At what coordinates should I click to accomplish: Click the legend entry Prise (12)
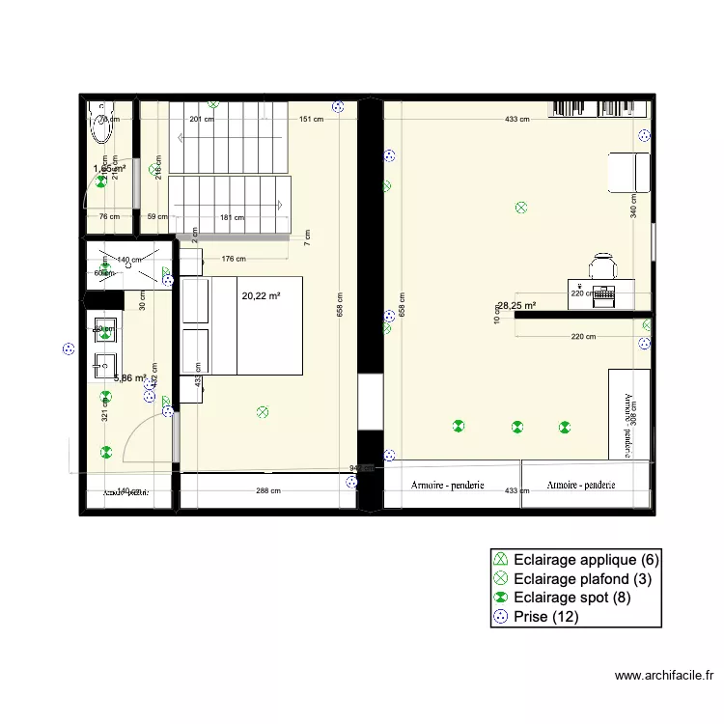click(x=546, y=617)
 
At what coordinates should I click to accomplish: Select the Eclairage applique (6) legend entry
click(x=586, y=559)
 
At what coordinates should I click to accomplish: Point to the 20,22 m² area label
click(x=261, y=297)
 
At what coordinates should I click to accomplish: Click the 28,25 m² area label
click(x=516, y=306)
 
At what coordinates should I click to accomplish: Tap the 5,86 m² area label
click(x=129, y=378)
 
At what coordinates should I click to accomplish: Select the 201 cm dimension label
click(x=201, y=120)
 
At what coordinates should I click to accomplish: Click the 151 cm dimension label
click(x=310, y=120)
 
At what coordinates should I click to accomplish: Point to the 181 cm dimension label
click(x=232, y=217)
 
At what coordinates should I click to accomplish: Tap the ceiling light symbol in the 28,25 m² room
click(x=522, y=207)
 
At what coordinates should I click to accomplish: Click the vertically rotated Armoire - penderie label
click(x=627, y=411)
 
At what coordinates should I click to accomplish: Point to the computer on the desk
click(x=604, y=292)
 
